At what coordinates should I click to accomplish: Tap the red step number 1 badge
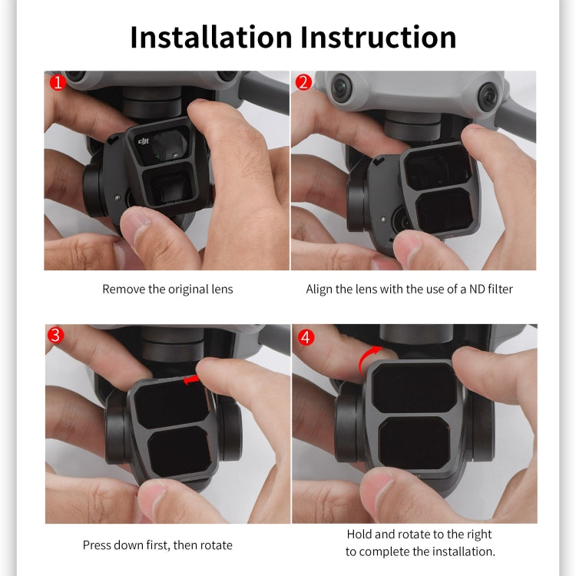pos(56,82)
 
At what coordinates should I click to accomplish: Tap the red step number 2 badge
pos(303,82)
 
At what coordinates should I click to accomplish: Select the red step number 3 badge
pos(56,336)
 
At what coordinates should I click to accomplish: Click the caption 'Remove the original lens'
pos(167,290)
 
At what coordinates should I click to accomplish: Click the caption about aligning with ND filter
pos(409,290)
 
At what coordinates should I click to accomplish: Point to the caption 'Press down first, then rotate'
pos(157,545)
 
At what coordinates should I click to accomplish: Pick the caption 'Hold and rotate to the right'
pos(419,534)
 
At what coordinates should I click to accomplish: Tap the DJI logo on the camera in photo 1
pos(144,141)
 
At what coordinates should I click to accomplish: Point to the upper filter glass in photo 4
pos(415,387)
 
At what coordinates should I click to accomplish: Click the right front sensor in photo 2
pos(488,96)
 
